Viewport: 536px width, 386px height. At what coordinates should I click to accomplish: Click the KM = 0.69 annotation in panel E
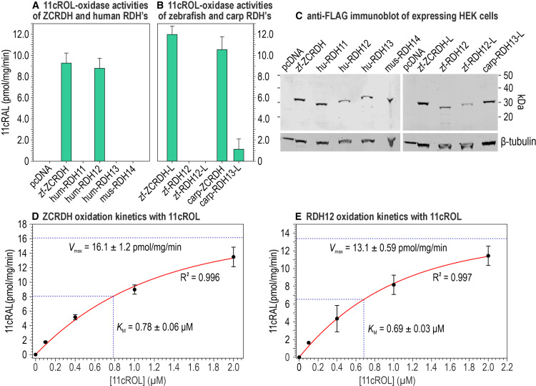click(x=408, y=328)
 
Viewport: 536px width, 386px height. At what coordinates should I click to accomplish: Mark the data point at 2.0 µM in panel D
click(x=233, y=256)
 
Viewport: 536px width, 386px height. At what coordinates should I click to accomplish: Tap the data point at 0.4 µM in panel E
click(x=337, y=319)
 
